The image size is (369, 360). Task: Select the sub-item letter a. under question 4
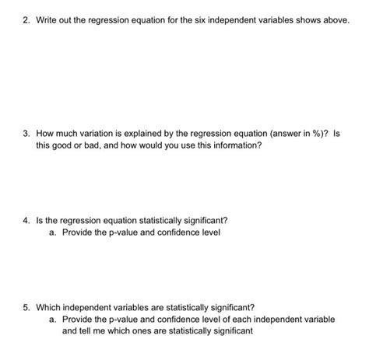52,232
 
